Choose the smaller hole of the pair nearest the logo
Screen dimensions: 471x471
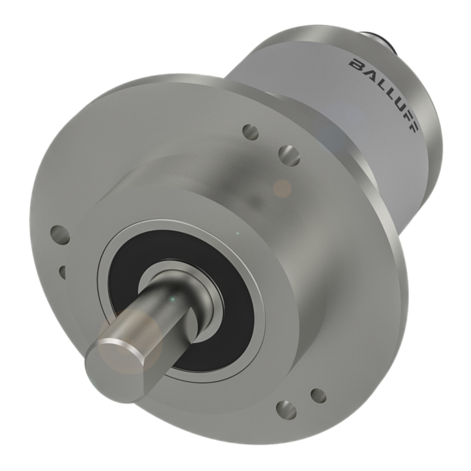tap(251, 132)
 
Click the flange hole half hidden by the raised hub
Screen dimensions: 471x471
tap(63, 272)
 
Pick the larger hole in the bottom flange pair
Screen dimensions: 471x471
tap(286, 410)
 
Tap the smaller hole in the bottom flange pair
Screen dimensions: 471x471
tap(318, 396)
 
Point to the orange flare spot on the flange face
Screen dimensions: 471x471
tap(282, 188)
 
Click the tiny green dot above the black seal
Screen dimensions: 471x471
tap(237, 233)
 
